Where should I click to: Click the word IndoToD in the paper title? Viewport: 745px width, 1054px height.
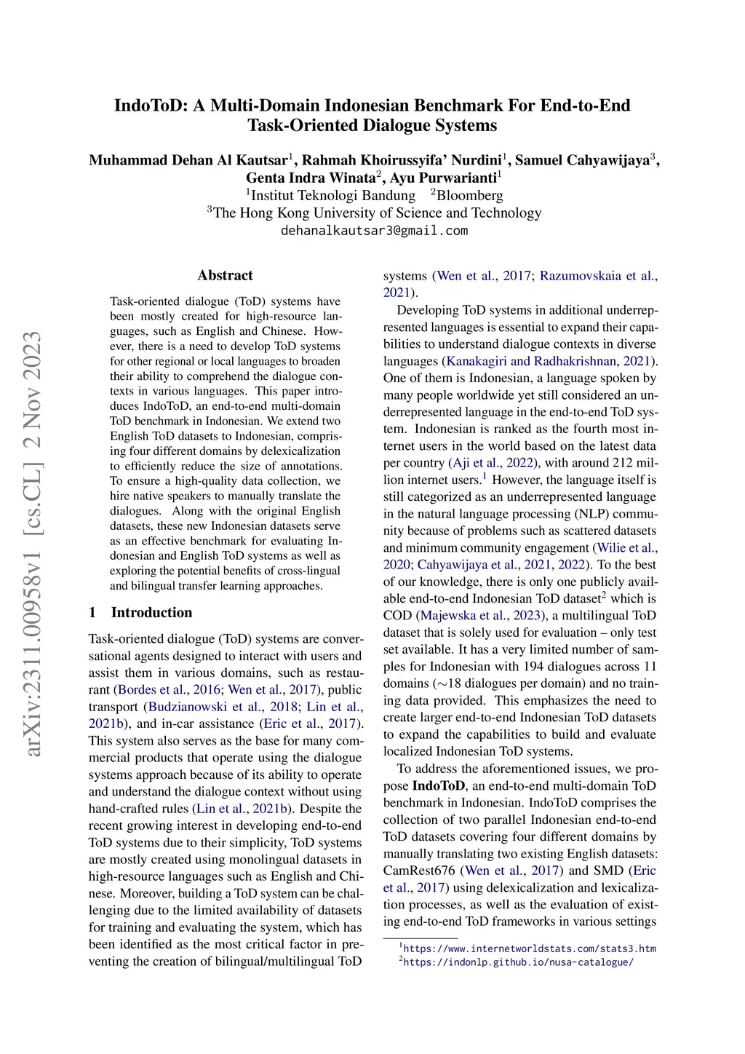[149, 106]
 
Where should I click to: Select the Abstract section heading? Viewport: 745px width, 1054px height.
[225, 275]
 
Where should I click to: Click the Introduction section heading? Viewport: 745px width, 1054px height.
[151, 612]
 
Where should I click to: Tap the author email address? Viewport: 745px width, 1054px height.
[374, 231]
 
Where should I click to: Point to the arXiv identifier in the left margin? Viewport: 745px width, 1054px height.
[33, 542]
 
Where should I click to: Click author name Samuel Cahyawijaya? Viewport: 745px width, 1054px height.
[582, 160]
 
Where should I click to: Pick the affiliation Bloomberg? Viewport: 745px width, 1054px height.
[469, 195]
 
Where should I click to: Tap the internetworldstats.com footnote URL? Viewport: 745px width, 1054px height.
[529, 948]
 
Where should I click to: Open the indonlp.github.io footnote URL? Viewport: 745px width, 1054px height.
[518, 962]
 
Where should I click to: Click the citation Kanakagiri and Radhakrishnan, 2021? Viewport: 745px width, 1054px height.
[549, 361]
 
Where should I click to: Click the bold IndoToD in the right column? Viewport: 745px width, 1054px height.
[438, 785]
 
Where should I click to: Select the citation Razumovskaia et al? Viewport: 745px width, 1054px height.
[597, 276]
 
